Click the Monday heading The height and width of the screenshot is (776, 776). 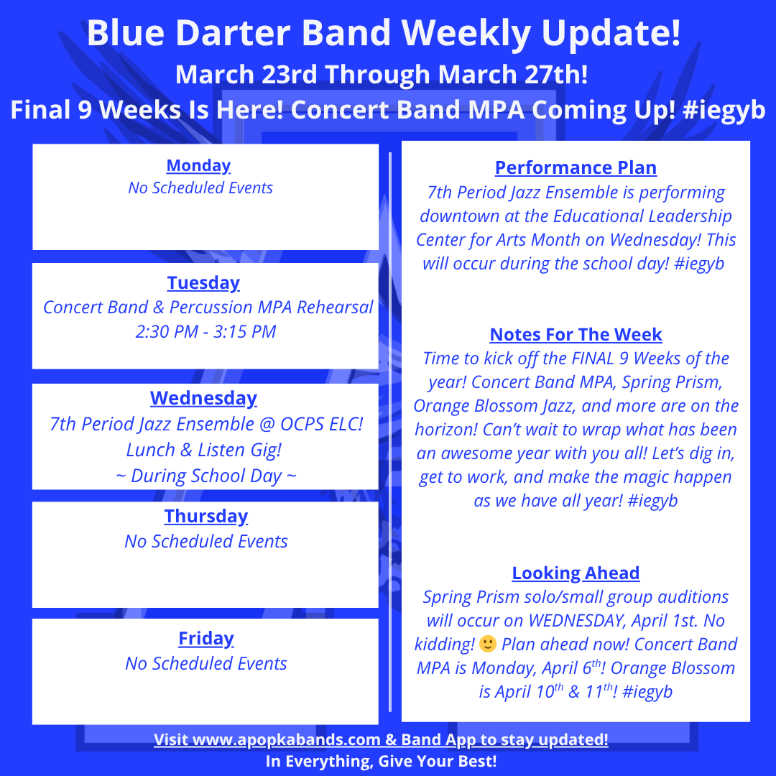click(198, 166)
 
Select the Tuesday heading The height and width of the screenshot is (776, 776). click(203, 283)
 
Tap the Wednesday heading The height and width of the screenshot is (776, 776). click(203, 398)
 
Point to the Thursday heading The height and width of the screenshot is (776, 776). click(206, 516)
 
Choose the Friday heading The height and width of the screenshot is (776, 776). click(206, 639)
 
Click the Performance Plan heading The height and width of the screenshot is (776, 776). click(576, 167)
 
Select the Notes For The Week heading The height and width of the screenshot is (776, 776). click(576, 335)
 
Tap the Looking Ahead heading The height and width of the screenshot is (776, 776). click(576, 573)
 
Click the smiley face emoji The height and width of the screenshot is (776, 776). click(488, 644)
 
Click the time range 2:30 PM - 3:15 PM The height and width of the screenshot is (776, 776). click(206, 331)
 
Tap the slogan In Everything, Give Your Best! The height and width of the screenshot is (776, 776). click(381, 761)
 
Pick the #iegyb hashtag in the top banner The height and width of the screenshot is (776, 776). click(724, 110)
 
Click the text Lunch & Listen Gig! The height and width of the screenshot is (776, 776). click(204, 450)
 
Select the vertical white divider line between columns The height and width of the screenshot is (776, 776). click(390, 432)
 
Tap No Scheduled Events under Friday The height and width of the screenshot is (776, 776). click(206, 664)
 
